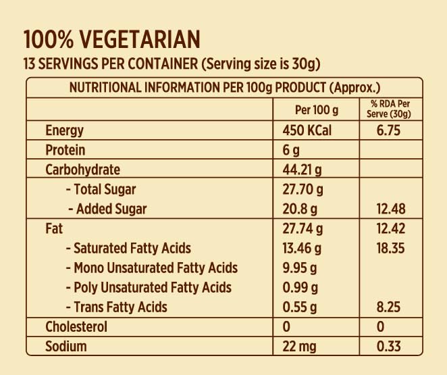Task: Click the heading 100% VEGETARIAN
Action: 112,39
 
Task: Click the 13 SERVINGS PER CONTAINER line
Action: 172,64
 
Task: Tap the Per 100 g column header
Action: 317,109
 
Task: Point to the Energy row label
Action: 65,130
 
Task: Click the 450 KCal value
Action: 307,130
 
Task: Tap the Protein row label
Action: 65,150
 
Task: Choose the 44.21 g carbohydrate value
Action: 303,170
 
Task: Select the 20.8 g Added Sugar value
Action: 300,209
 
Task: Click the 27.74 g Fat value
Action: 303,229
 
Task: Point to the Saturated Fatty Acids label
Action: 128,248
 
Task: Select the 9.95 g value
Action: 300,268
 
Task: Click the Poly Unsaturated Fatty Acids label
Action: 149,287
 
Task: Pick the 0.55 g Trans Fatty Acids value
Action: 300,307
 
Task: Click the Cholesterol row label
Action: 76,327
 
